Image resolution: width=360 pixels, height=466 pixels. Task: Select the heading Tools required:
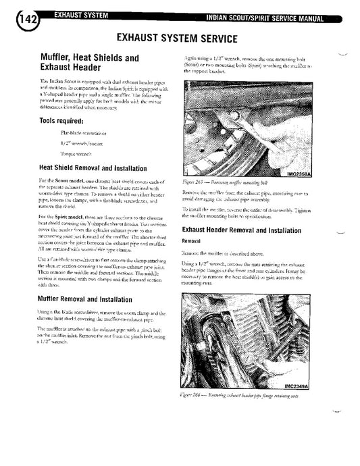(61, 122)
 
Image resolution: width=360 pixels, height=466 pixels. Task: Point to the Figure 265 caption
(227, 182)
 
